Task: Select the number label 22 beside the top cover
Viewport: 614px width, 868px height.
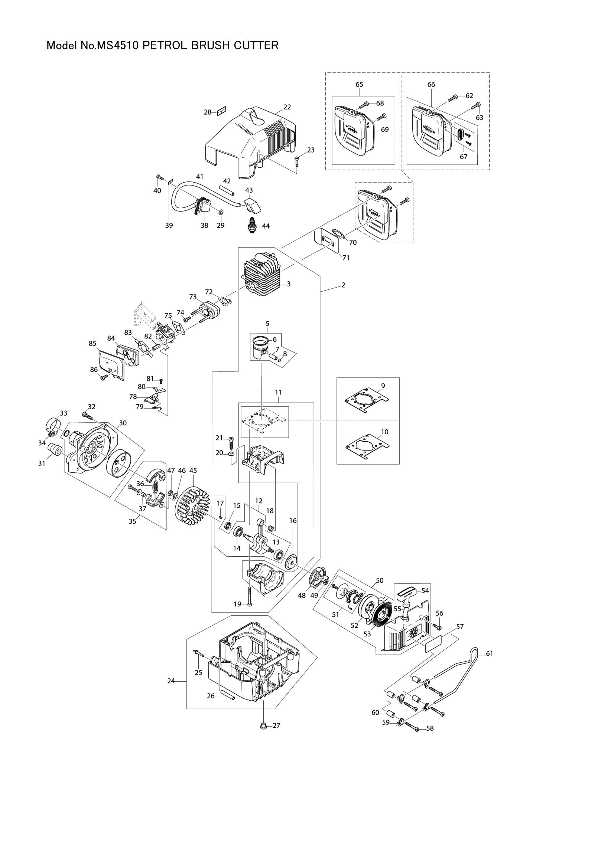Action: click(x=287, y=107)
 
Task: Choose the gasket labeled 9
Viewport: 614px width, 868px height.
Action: click(x=367, y=402)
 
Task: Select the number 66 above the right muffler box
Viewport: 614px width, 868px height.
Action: click(x=431, y=85)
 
